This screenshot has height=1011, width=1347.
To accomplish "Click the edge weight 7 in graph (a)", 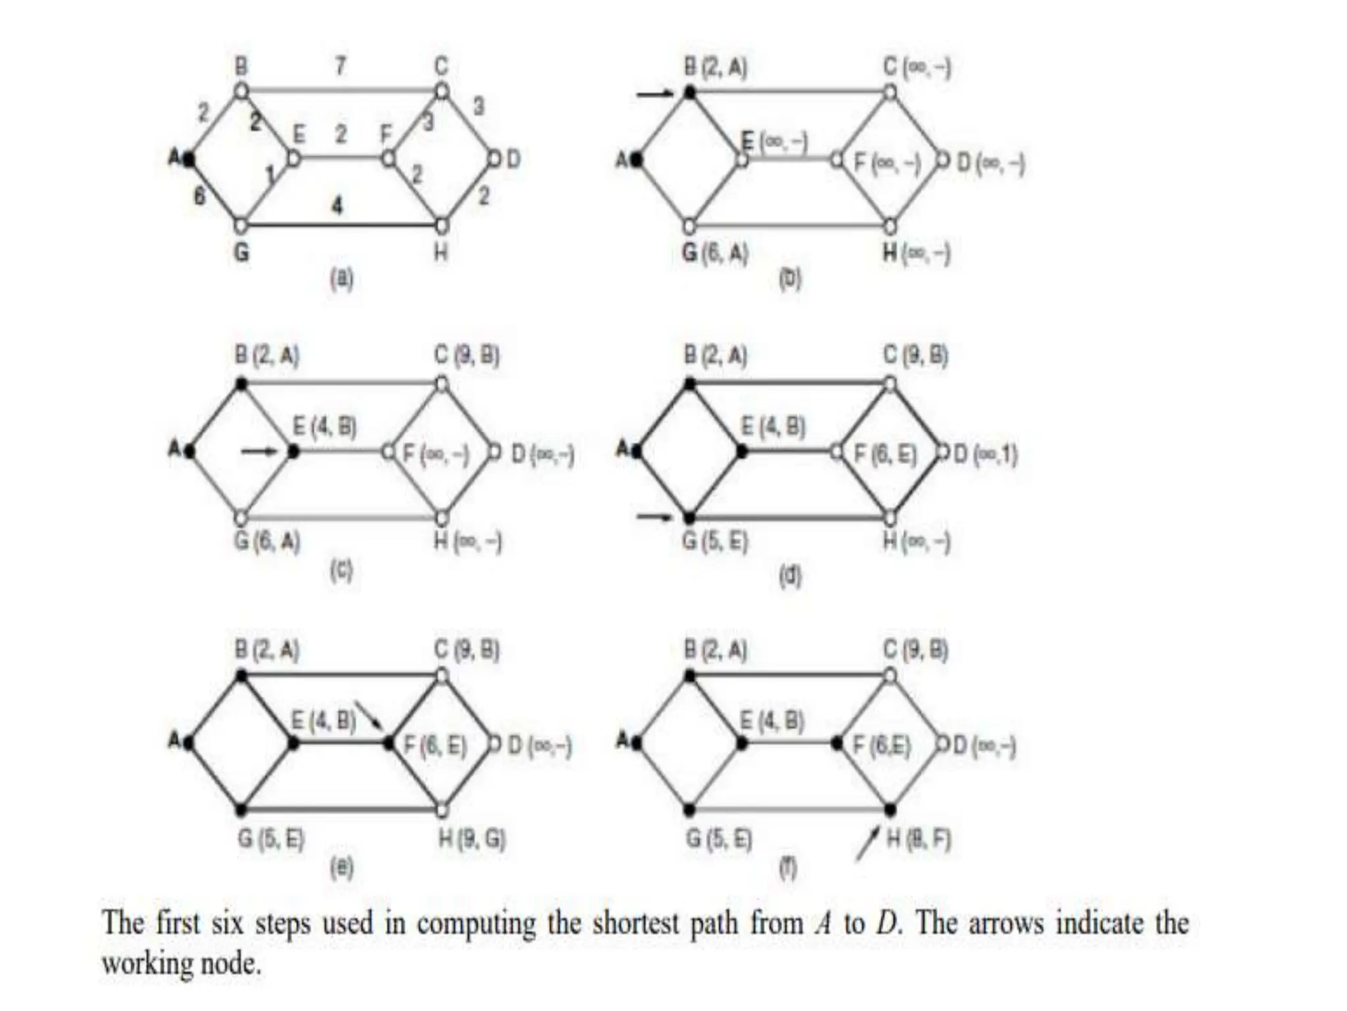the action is point(340,66).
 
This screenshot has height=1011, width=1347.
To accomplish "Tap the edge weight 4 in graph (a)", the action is point(337,206).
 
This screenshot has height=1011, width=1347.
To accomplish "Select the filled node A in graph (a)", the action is point(189,159).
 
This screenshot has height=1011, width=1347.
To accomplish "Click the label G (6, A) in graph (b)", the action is point(715,253).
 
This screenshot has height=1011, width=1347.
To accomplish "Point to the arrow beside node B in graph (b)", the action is point(654,95).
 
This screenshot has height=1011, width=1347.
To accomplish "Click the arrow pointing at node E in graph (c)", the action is point(259,452).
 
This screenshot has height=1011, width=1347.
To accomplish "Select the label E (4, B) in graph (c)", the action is point(325,427).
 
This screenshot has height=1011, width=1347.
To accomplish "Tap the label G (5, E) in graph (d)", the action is point(715,542).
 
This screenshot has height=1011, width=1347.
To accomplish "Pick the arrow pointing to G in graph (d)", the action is point(654,517).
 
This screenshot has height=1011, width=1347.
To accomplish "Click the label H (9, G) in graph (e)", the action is point(472,839).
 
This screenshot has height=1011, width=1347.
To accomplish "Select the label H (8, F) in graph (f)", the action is point(918,839).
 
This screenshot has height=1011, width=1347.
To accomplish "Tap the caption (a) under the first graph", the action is point(341,280).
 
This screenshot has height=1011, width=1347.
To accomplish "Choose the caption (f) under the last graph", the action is point(788,868).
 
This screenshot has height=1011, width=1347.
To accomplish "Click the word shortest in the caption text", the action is point(635,923).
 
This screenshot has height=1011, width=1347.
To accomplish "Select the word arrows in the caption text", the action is point(1006,923).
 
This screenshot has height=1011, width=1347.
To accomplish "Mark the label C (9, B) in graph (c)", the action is point(467,356).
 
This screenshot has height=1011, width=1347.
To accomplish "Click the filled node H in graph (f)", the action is point(890,809).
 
